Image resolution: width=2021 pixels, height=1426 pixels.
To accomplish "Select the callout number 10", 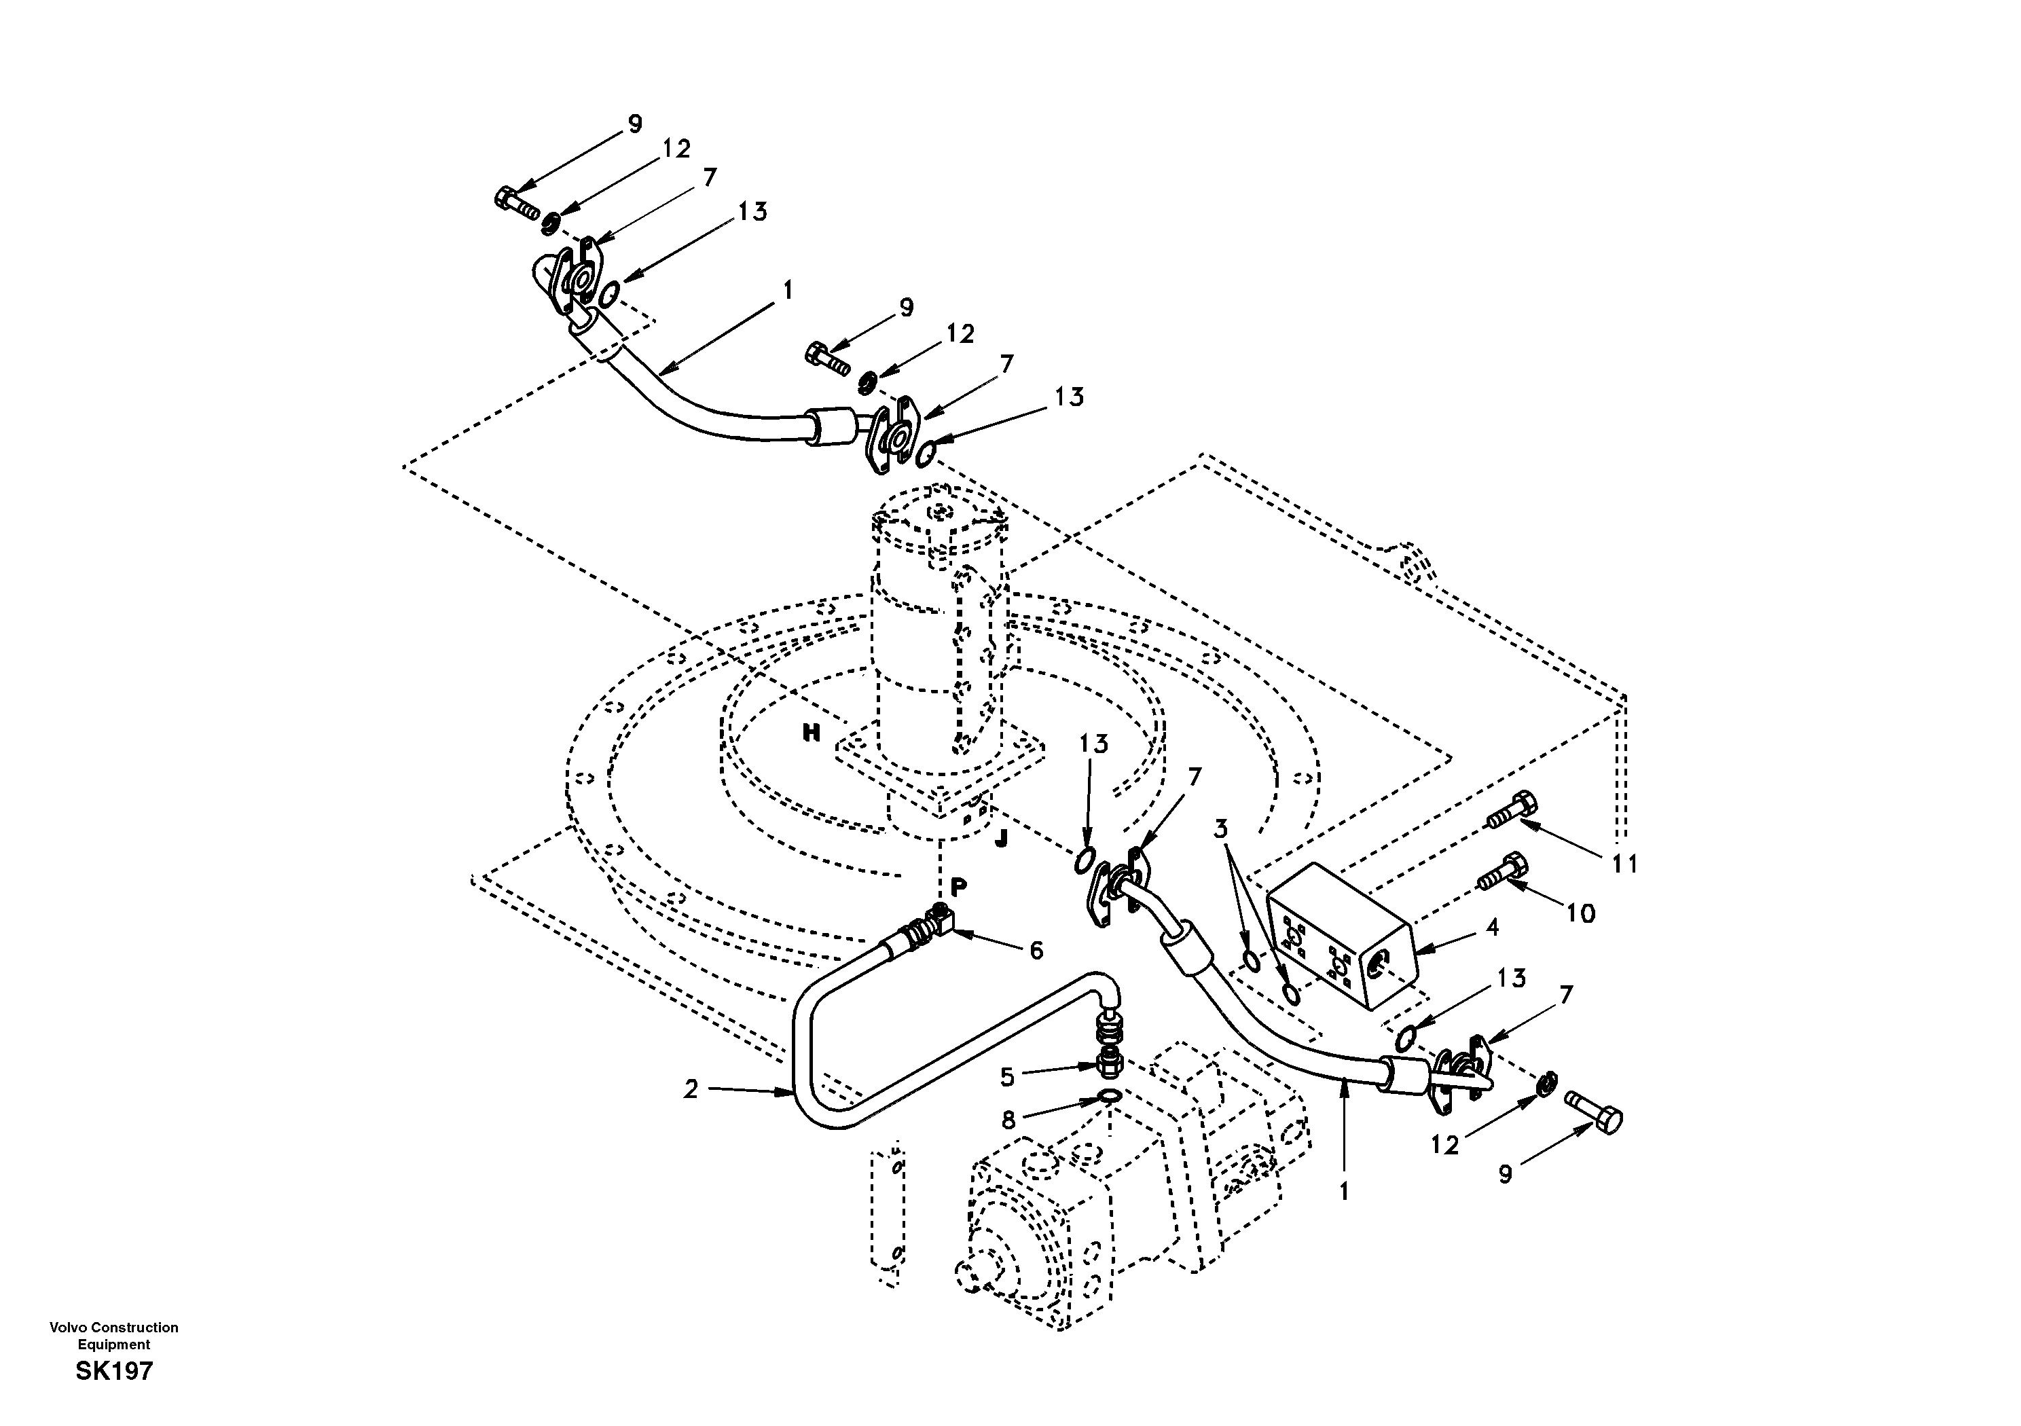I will click(1581, 915).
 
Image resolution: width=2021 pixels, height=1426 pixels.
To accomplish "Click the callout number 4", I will click(1492, 927).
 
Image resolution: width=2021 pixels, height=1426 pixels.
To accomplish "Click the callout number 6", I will click(1036, 951).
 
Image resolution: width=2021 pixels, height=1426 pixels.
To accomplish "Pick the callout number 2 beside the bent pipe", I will click(691, 1090).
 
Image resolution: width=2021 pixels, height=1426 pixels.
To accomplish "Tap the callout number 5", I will click(1007, 1076).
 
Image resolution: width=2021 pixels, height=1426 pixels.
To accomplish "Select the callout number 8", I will click(1008, 1120).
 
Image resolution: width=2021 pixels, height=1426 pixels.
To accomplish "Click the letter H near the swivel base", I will click(811, 733).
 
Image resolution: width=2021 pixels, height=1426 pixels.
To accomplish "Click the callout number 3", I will click(1221, 828).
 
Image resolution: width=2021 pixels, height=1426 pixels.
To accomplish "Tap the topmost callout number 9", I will click(635, 124).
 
